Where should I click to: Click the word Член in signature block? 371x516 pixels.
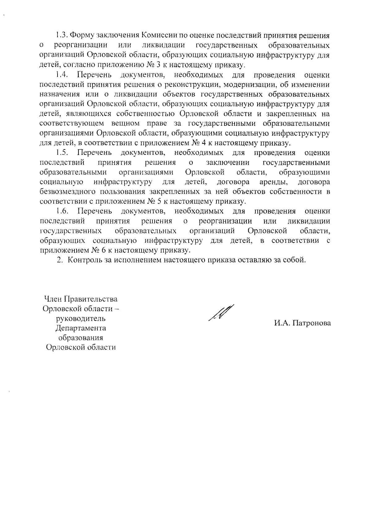pyautogui.click(x=53, y=299)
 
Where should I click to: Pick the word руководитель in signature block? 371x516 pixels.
pyautogui.click(x=81, y=318)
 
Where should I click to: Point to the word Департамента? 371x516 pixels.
pyautogui.click(x=81, y=328)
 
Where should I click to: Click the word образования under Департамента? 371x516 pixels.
pyautogui.click(x=81, y=337)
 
